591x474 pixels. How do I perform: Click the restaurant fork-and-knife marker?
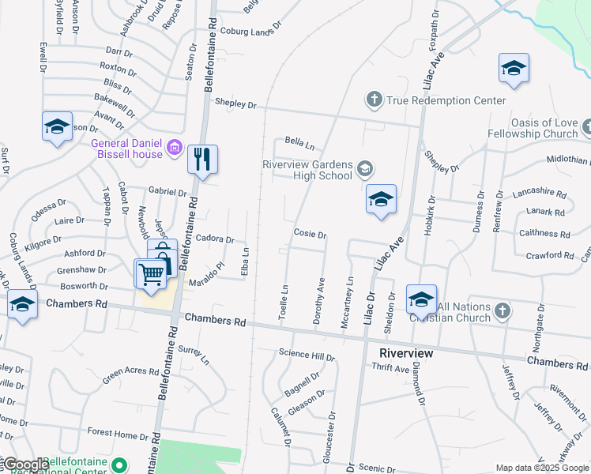pyautogui.click(x=202, y=160)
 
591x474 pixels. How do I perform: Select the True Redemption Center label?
pyautogui.click(x=445, y=100)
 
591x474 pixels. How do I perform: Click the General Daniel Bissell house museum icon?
pyautogui.click(x=175, y=146)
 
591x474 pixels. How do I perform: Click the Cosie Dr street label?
pyautogui.click(x=310, y=234)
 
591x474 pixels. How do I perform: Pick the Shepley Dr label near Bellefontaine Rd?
pyautogui.click(x=236, y=104)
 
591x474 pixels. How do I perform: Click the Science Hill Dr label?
pyautogui.click(x=307, y=356)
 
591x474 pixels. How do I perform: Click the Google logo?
pyautogui.click(x=25, y=465)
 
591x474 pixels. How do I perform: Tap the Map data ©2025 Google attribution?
pyautogui.click(x=542, y=468)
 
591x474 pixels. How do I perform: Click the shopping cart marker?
pyautogui.click(x=151, y=274)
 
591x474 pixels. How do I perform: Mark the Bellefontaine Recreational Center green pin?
pyautogui.click(x=119, y=464)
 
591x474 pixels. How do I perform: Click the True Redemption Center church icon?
pyautogui.click(x=374, y=100)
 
